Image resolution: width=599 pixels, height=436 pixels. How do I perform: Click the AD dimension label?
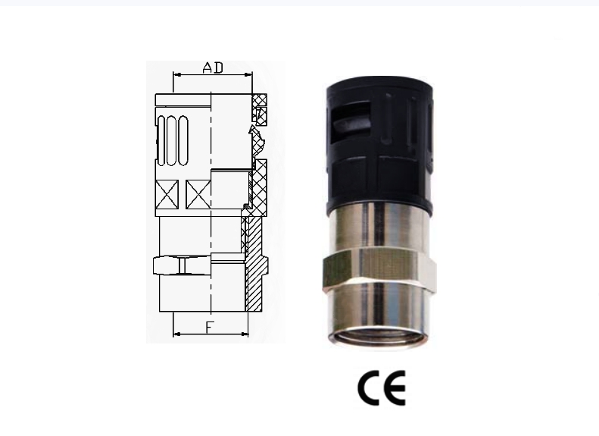213,67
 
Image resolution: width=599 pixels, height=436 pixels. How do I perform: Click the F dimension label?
210,328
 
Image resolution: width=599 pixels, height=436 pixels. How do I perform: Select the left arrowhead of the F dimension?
177,334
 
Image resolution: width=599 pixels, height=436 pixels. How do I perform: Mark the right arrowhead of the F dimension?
245,334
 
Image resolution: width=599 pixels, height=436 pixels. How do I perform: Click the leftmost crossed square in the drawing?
167,194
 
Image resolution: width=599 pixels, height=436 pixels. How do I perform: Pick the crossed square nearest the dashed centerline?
198,194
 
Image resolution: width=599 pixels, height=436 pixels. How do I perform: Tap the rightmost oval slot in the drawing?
183,141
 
